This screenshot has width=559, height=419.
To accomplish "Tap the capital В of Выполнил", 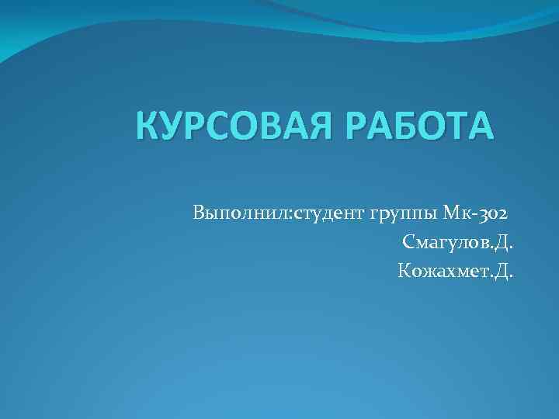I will tap(200, 212).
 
